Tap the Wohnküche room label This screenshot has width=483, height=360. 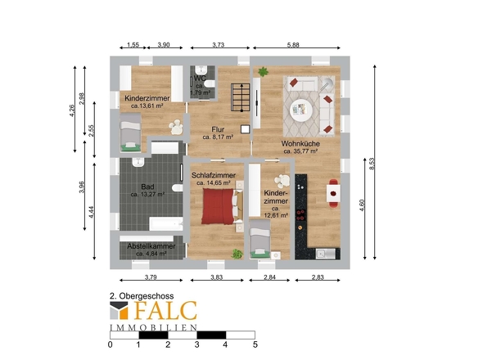(300, 143)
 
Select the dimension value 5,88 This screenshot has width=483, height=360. (293, 45)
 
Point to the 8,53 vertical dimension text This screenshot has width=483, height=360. (372, 164)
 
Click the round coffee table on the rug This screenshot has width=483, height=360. (301, 110)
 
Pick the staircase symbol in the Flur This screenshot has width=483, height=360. (241, 97)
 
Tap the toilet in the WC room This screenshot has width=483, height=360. (210, 83)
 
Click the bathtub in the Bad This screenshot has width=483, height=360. (165, 224)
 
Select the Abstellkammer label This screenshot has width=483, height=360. (151, 246)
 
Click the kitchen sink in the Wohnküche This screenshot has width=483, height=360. (325, 254)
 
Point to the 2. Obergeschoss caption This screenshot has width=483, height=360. (142, 296)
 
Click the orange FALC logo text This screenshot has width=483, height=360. (165, 310)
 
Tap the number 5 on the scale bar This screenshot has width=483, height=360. (255, 344)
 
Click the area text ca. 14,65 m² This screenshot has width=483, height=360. (214, 183)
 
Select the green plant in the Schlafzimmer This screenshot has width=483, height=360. (237, 254)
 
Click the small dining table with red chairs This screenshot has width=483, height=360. (333, 193)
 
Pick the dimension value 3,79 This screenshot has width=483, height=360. (151, 277)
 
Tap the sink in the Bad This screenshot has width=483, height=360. (138, 162)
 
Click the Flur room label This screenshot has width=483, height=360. (218, 129)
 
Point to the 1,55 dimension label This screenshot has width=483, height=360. (133, 45)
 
